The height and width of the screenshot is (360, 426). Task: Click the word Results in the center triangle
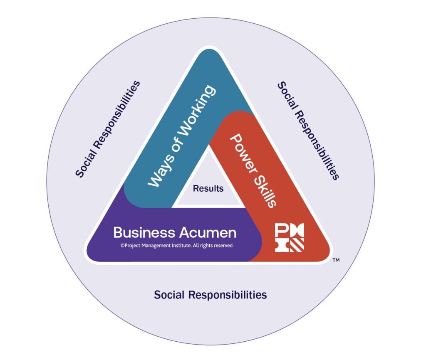208,188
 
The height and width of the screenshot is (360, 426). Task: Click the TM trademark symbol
336,261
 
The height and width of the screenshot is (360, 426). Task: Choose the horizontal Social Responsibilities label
210,295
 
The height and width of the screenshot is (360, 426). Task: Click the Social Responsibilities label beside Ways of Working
108,129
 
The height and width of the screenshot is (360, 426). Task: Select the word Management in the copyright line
154,245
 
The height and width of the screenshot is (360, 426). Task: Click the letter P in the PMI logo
281,231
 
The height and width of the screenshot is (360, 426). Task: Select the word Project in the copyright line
132,245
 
